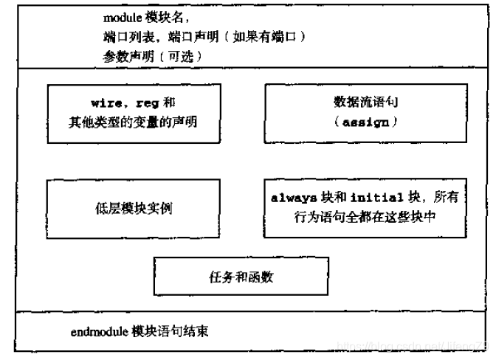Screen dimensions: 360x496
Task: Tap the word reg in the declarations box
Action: coord(141,104)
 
